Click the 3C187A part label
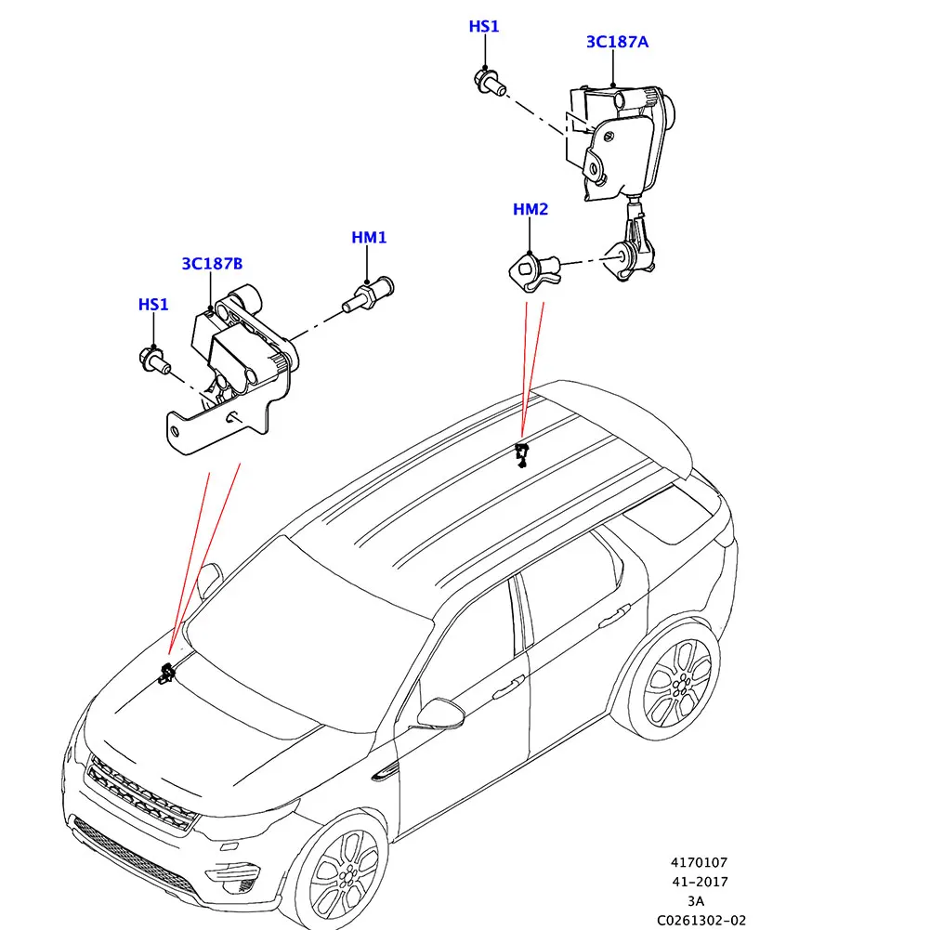(616, 42)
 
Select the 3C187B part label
(212, 264)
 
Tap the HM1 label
(369, 238)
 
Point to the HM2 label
(530, 210)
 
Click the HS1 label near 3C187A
(483, 27)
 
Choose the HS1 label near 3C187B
(153, 305)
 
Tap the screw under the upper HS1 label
(490, 83)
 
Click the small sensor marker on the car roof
(522, 454)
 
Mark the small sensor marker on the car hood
(167, 674)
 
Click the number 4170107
(700, 863)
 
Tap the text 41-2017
(700, 882)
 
